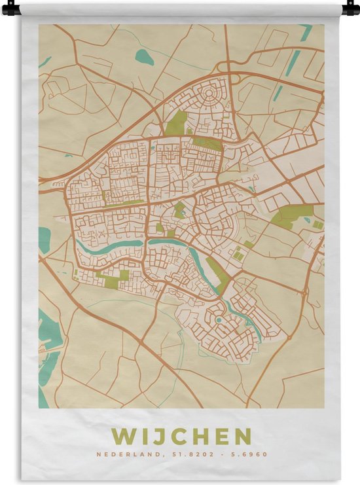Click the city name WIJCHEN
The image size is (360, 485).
point(181,436)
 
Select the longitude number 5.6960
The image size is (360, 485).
point(251,454)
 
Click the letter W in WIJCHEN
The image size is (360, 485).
point(122,436)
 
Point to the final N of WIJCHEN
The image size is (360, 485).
point(242,436)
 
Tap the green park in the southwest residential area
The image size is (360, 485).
point(112,282)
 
